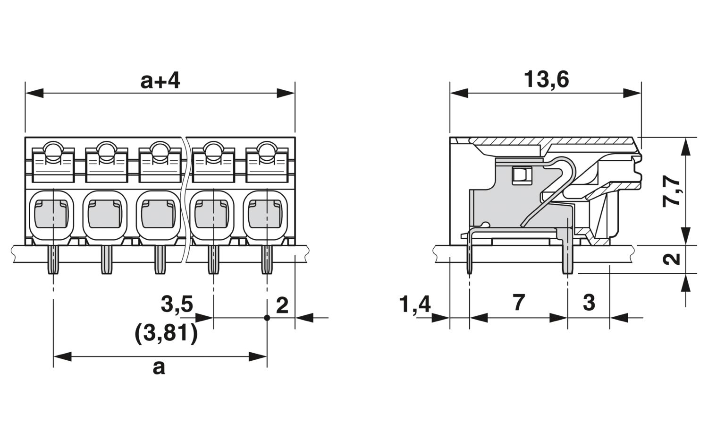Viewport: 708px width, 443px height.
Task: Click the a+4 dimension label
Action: click(160, 80)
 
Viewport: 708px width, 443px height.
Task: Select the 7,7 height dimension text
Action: click(671, 191)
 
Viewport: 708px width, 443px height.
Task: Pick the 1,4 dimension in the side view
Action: click(415, 304)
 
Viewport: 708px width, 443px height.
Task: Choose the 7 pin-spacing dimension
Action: click(519, 303)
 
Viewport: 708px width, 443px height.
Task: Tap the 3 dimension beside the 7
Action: click(589, 303)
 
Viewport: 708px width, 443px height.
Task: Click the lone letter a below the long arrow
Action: click(159, 368)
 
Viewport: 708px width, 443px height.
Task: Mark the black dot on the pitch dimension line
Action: click(267, 318)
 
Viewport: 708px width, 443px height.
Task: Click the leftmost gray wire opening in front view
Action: click(51, 214)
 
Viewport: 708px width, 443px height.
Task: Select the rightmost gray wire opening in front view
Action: click(265, 214)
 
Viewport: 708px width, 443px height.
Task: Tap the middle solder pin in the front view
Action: click(160, 260)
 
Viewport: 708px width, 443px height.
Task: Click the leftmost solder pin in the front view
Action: click(53, 260)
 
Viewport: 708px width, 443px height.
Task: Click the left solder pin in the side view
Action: click(470, 253)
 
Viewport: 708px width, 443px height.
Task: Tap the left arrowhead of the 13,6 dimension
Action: click(459, 93)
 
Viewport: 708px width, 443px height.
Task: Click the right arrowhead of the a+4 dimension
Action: click(286, 93)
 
